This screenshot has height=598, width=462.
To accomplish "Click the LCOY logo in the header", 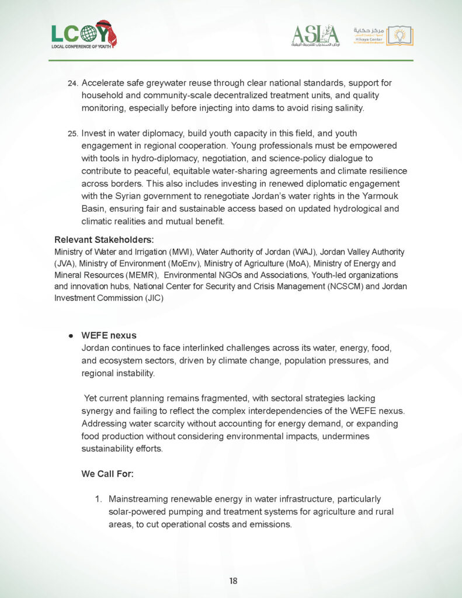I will click(x=84, y=34).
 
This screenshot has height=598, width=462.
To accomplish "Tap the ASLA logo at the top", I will click(x=315, y=35).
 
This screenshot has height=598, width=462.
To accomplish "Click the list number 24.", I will click(x=73, y=84).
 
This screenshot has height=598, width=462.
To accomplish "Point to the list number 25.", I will click(x=73, y=134).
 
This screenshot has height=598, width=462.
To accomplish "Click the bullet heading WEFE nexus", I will click(x=109, y=336).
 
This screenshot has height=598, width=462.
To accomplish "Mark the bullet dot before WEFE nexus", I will click(x=70, y=336).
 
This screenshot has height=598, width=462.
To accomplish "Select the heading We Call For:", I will click(x=107, y=474).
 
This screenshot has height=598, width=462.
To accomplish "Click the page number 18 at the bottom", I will click(x=233, y=580).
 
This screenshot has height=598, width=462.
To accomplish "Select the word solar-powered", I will click(x=137, y=512).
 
